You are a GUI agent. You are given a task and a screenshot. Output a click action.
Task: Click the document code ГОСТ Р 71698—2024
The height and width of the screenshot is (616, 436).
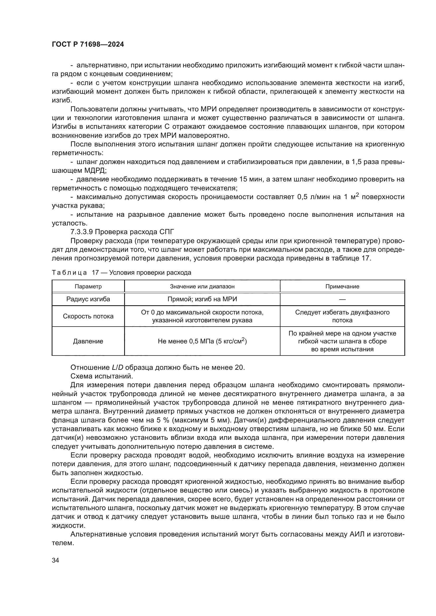tap(88, 45)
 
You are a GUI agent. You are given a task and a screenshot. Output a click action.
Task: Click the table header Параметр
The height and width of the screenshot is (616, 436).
tap(88, 287)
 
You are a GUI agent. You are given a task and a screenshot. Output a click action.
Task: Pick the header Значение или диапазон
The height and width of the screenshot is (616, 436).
tap(202, 287)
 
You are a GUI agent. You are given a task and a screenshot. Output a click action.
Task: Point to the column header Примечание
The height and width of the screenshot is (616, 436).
tap(342, 287)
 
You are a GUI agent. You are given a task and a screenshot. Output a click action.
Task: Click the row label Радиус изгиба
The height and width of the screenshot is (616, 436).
tap(88, 299)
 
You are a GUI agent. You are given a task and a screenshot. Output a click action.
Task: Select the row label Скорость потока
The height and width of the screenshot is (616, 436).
tap(88, 316)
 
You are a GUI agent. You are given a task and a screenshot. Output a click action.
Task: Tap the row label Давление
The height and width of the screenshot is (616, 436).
tap(88, 342)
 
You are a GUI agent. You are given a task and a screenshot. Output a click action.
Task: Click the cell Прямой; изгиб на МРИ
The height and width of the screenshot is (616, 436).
tap(202, 299)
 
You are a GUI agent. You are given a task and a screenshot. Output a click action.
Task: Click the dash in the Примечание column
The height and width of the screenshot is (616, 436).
tap(342, 299)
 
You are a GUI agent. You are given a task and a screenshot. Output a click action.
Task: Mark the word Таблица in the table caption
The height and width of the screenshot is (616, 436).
tap(69, 273)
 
